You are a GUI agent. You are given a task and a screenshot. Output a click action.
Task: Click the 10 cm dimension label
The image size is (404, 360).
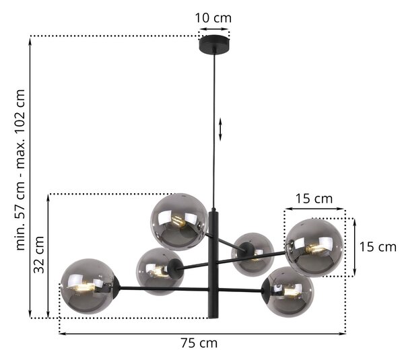[213, 18]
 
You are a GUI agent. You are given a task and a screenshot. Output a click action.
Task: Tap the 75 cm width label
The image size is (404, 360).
[199, 343]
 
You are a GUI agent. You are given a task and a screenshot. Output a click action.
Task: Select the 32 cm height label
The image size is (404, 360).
[39, 254]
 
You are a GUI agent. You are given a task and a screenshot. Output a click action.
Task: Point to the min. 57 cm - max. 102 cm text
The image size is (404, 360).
[21, 170]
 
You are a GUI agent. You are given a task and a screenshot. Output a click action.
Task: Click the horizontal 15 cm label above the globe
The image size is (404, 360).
[314, 199]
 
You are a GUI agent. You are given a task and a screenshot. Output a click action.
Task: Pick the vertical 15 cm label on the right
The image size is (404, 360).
[378, 247]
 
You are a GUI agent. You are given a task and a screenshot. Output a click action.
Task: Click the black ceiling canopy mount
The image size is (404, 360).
[214, 44]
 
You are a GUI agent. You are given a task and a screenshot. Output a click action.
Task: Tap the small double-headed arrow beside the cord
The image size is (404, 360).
[220, 129]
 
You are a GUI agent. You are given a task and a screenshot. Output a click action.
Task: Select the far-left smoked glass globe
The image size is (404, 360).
[87, 287]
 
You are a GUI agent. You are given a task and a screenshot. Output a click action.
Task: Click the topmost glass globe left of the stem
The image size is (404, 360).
[179, 222]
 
